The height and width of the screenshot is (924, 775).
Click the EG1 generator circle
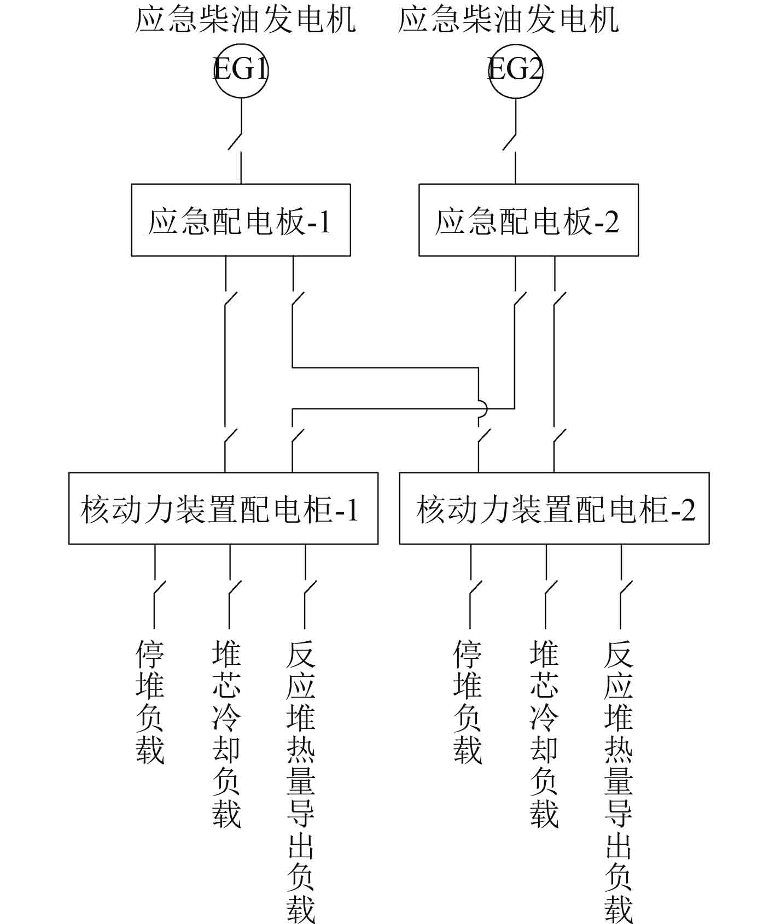pos(241,70)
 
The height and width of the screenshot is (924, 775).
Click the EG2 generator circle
pos(515,70)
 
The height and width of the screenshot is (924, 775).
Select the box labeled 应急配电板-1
pos(241,220)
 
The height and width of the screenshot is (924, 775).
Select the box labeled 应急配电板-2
pos(528,220)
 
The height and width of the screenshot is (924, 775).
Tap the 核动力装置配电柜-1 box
pos(223,508)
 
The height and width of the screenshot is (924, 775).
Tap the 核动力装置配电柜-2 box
pos(554,508)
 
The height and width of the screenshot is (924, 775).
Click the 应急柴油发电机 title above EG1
pos(246,20)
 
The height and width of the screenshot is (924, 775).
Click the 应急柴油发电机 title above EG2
pos(509,20)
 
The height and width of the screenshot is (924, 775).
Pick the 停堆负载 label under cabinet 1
pos(150,702)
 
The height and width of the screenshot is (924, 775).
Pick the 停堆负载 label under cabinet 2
pos(468,702)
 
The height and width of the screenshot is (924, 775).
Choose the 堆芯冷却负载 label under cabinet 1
pos(226,734)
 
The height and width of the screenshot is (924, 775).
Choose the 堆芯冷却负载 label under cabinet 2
pos(544,734)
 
